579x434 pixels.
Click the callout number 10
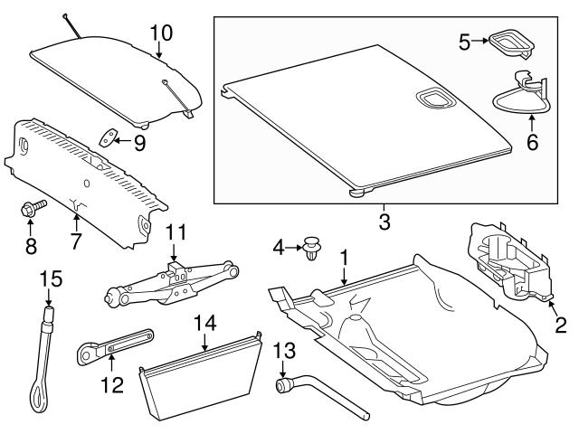click(160, 33)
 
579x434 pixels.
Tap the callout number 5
click(463, 42)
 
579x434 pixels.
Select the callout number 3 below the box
click(384, 221)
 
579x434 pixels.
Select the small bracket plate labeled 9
click(109, 137)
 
